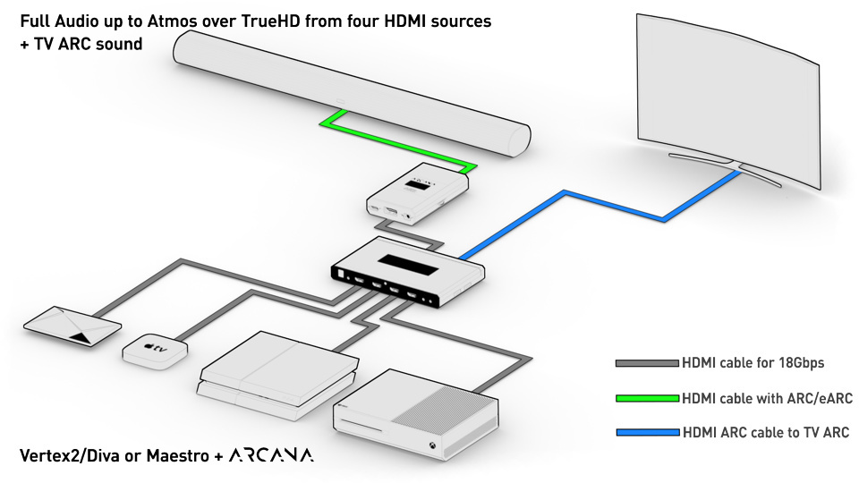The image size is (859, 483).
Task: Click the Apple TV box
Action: tap(155, 351)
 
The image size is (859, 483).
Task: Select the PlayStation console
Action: tap(278, 375)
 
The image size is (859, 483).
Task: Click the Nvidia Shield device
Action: tap(72, 326)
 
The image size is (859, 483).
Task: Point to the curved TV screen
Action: tap(728, 98)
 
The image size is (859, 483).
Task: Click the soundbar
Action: tap(352, 92)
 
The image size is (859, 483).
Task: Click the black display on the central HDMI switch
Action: tap(408, 265)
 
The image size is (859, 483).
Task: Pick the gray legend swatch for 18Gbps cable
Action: tap(647, 363)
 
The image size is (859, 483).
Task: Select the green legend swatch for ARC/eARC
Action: tap(647, 398)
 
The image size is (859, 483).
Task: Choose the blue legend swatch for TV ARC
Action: tap(647, 433)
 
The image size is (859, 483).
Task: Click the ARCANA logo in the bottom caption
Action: tap(271, 455)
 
